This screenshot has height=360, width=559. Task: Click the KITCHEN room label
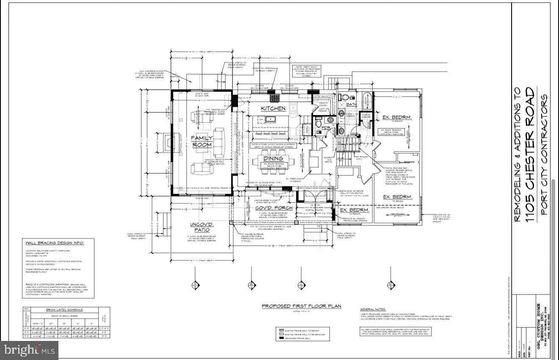(x=273, y=108)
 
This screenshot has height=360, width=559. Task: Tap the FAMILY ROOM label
(x=202, y=141)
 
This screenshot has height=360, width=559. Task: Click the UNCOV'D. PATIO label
(x=202, y=227)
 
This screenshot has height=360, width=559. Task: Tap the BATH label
(x=351, y=104)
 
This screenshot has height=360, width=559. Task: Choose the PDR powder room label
(x=326, y=127)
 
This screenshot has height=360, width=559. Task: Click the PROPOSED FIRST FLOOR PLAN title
(x=301, y=306)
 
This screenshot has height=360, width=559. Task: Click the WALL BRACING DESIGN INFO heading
(x=55, y=243)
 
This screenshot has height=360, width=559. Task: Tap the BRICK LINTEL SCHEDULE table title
(x=64, y=310)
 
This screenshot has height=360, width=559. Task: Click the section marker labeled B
(x=252, y=285)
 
